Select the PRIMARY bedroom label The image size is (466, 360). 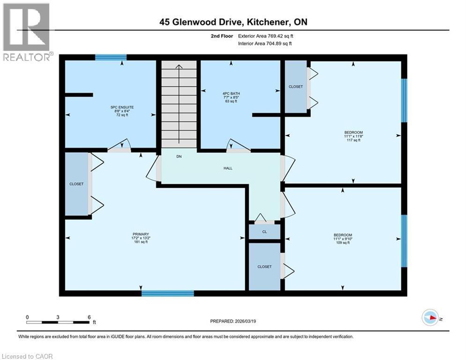140,238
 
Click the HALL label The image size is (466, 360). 228,168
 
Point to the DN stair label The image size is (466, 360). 179,157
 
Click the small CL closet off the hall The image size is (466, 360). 264,232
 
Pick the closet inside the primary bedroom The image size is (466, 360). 76,184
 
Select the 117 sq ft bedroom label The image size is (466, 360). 353,136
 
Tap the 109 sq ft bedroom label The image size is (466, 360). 343,239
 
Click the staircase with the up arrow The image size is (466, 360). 179,104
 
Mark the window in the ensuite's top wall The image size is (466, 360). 111,57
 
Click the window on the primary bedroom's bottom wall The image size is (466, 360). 168,293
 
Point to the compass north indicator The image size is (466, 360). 429,318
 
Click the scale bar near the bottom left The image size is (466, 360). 58,322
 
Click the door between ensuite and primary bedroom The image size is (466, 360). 120,149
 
